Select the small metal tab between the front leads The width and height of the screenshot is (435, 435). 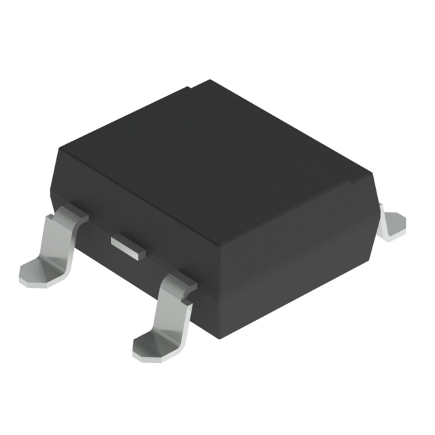click(127, 244)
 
